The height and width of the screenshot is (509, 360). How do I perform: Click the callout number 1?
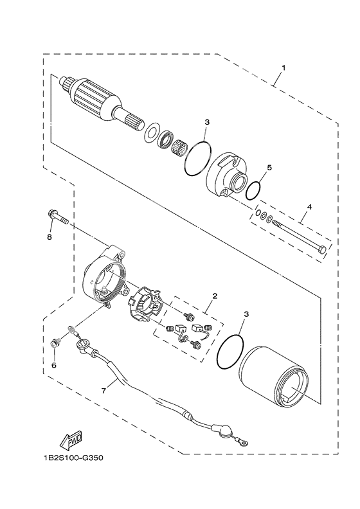click(x=283, y=67)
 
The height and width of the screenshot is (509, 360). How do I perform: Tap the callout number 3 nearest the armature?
click(x=207, y=121)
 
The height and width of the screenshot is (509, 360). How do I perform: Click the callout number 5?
click(x=269, y=167)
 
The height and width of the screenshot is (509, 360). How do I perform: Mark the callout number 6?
click(x=54, y=365)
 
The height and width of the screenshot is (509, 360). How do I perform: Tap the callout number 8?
click(x=50, y=237)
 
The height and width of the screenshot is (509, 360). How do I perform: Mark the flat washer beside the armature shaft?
click(x=152, y=132)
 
